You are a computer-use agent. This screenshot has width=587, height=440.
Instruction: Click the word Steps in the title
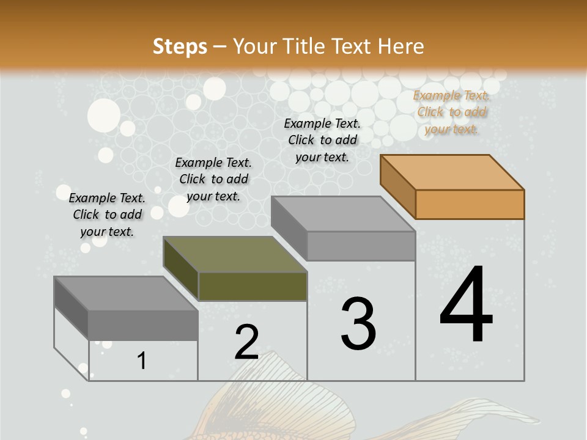[179, 46]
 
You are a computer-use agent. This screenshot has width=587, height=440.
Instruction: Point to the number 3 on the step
[358, 324]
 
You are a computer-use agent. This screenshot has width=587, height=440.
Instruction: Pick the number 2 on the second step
[246, 342]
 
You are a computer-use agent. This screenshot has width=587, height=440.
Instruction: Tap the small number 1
[142, 361]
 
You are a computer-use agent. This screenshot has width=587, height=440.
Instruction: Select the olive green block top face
[235, 254]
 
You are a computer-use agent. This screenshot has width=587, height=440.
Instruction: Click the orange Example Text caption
[452, 112]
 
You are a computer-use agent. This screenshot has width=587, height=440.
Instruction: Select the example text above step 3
[322, 140]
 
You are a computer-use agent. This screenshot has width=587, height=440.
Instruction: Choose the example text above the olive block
[213, 179]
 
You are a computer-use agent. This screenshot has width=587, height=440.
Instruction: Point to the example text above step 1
[107, 215]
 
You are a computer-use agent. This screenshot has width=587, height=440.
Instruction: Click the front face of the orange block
[470, 204]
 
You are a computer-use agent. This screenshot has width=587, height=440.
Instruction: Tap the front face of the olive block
[253, 286]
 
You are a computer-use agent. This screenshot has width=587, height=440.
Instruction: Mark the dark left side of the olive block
[181, 269]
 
